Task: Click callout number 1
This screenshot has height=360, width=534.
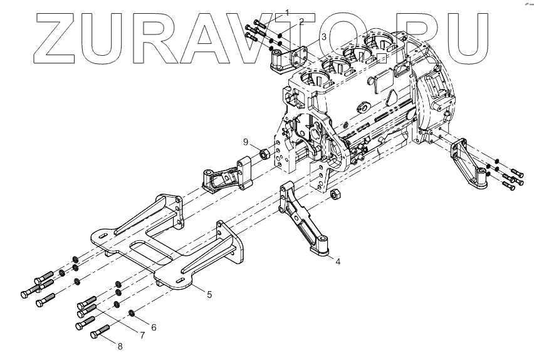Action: coord(288,12)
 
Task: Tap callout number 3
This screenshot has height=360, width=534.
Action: coord(323,37)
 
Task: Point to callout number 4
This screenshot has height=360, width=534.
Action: coord(337,261)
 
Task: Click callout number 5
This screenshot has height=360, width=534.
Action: coord(209,294)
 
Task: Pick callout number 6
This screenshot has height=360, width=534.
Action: coord(154,327)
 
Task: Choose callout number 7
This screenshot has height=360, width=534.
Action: coord(142,336)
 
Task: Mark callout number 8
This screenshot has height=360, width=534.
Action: coord(121,344)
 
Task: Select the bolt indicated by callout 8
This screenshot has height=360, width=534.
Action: coord(100,333)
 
